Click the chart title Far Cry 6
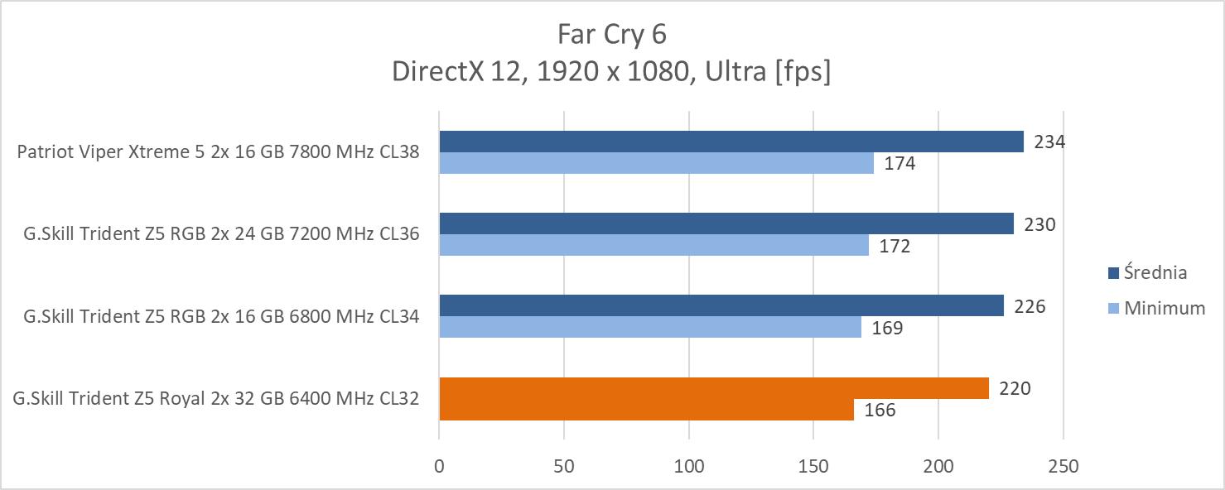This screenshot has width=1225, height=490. pos(612,34)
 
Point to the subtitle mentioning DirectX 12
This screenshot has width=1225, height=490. pos(612,72)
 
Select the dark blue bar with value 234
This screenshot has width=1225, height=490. pos(731,142)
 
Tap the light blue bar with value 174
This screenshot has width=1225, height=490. pos(656,163)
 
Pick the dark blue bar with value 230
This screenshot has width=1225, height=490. pos(726,223)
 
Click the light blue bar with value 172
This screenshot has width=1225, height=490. pos(653,245)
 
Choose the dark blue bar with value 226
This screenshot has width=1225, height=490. pos(721,305)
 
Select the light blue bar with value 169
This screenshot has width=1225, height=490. pos(650,328)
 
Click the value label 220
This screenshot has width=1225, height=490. pos(1015,388)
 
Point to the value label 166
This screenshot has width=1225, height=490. pos(880,410)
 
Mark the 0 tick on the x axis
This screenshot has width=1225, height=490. pos(439,466)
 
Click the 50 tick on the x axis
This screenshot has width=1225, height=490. pos(564,466)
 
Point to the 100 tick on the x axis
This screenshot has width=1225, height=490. pos(689,466)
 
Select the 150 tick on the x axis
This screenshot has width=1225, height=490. pos(813,466)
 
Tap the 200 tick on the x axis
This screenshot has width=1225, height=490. pos(938,466)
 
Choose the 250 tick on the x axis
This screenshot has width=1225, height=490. pos(1063,466)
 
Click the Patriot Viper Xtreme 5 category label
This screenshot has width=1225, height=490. pos(218,151)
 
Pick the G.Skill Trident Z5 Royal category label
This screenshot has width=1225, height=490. pos(216,398)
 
